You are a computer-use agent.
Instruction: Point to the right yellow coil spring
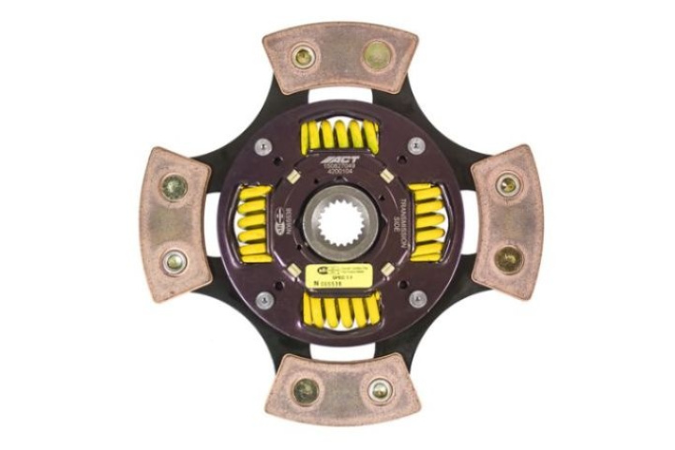click(x=427, y=222)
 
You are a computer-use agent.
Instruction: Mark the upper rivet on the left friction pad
click(x=173, y=187)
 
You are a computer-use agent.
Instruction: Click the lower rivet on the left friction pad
click(x=175, y=262)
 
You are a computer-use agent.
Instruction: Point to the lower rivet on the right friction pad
click(x=509, y=260)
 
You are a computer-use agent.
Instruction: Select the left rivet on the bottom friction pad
click(x=306, y=390)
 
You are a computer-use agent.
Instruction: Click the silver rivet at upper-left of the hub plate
click(x=263, y=146)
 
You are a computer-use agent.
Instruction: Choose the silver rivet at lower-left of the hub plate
click(x=264, y=300)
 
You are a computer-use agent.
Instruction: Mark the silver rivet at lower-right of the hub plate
click(x=417, y=299)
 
